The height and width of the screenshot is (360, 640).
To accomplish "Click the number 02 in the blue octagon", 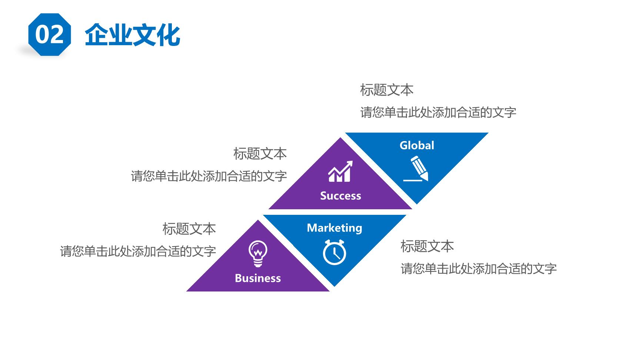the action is (x=49, y=35).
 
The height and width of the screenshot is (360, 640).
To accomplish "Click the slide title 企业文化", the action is (x=133, y=35).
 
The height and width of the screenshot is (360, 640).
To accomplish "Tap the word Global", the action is (x=417, y=145).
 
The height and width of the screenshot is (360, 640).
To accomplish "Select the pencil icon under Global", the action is (x=416, y=169).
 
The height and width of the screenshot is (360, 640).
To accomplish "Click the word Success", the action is (x=340, y=196).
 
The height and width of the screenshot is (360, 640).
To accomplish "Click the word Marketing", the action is (x=334, y=228).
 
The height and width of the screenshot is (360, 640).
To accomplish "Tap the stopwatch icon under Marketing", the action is (x=334, y=253).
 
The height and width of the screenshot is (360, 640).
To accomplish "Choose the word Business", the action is (x=258, y=278).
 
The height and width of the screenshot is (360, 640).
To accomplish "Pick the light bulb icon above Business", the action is (x=258, y=254).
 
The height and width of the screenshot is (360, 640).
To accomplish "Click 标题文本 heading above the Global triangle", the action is (x=387, y=90).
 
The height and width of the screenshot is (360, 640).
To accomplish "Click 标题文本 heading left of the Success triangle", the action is (x=260, y=154).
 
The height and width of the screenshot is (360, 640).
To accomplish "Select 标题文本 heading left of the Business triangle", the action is (x=189, y=229).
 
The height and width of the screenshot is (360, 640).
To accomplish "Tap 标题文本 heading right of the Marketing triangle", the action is (x=427, y=246).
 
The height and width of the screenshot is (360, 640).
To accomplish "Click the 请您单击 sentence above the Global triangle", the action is (x=438, y=112).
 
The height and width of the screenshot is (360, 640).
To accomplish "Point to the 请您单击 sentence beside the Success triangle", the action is (x=209, y=176).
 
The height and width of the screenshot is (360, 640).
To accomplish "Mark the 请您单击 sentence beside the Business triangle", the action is (x=138, y=251).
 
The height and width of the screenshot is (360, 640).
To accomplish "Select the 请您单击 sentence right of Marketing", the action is (x=479, y=269).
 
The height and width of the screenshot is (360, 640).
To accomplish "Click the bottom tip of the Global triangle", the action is (x=417, y=204).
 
